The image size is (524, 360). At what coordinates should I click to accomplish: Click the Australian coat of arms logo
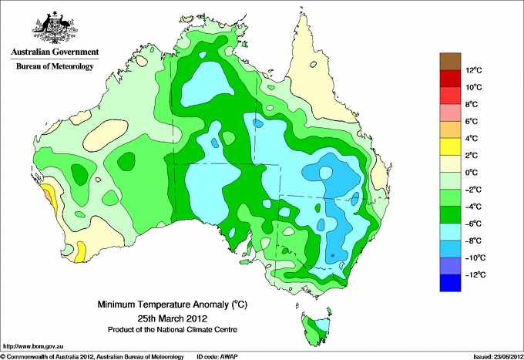(55, 28)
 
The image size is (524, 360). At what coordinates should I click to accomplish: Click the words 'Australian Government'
(55, 52)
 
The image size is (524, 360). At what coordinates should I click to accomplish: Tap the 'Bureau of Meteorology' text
(55, 66)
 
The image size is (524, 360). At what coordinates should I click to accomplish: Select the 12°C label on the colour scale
(474, 70)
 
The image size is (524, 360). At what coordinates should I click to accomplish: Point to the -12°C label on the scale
(475, 274)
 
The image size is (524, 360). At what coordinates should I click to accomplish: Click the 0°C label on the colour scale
(472, 173)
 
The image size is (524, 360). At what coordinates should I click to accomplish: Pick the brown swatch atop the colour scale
(450, 62)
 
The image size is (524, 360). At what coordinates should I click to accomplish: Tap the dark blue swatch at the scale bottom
(450, 283)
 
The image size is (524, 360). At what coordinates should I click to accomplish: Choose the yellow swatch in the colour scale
(450, 146)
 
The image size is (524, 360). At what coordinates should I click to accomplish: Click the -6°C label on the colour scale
(473, 224)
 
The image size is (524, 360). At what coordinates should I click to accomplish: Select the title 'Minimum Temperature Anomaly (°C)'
(173, 304)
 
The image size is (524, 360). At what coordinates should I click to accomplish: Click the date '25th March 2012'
(173, 318)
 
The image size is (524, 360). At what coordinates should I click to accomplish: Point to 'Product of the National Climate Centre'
(173, 330)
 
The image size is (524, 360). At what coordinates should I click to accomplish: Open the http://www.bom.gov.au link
(32, 347)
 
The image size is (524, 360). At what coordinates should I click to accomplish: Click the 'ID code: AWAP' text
(217, 357)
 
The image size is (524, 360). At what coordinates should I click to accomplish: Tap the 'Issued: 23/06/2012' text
(499, 357)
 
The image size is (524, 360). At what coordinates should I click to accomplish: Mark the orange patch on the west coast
(49, 197)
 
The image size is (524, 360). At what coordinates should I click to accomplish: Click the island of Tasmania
(316, 328)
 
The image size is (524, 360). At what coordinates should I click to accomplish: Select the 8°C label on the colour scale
(472, 104)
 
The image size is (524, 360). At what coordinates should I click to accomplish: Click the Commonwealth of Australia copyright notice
(92, 357)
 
